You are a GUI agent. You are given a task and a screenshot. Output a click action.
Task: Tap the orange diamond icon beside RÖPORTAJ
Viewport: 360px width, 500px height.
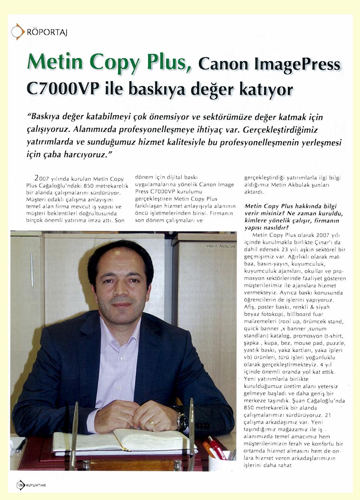point(18,32)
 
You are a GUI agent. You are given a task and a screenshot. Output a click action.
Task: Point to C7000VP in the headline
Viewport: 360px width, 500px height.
point(63,88)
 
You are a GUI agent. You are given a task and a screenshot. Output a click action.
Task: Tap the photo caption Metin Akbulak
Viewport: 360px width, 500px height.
point(221,246)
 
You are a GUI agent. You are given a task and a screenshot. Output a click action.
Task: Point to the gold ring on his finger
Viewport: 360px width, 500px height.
point(152,422)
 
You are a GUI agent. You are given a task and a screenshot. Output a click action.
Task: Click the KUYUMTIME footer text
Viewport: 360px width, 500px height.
point(36,485)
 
